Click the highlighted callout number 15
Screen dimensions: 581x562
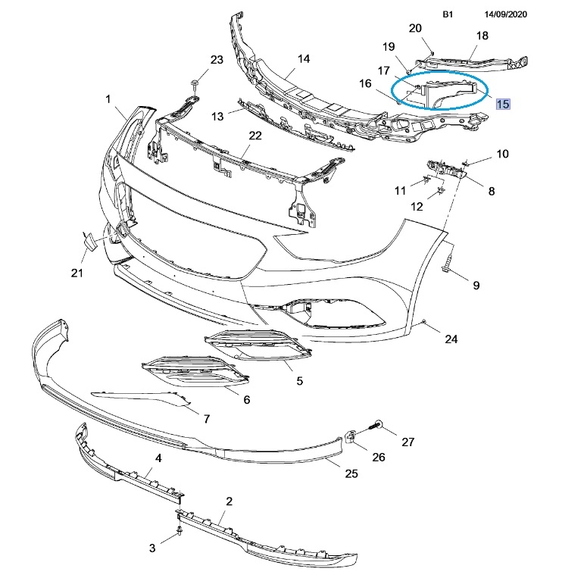pyautogui.click(x=502, y=104)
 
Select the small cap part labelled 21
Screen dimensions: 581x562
pyautogui.click(x=89, y=241)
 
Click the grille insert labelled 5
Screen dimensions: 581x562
pyautogui.click(x=258, y=346)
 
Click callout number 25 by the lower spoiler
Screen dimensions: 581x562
pyautogui.click(x=350, y=474)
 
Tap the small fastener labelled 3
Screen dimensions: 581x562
pyautogui.click(x=179, y=531)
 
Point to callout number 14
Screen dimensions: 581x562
pyautogui.click(x=304, y=59)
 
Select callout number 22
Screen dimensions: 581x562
pyautogui.click(x=254, y=136)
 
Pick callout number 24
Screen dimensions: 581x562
pyautogui.click(x=451, y=339)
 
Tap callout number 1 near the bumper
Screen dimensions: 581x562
pyautogui.click(x=108, y=99)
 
